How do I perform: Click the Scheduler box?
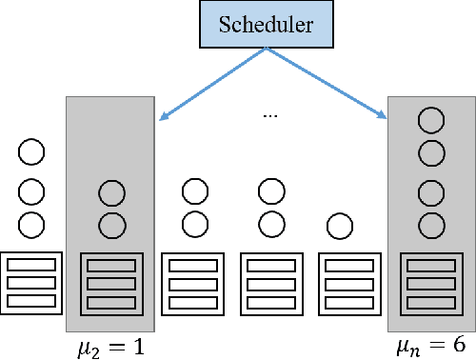[x=267, y=25]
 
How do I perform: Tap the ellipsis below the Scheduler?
[x=269, y=116]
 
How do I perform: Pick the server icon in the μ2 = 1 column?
[x=112, y=283]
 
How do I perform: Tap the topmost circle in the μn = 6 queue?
[x=431, y=121]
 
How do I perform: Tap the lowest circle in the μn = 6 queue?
[x=431, y=226]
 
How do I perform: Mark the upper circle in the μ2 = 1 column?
[x=112, y=193]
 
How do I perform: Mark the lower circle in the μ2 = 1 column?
[x=112, y=226]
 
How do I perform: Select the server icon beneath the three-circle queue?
[x=31, y=283]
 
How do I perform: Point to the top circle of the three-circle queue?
[x=31, y=152]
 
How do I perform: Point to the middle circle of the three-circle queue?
[x=31, y=191]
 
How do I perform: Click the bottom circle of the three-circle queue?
[x=31, y=226]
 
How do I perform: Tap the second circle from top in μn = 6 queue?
[x=431, y=152]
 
